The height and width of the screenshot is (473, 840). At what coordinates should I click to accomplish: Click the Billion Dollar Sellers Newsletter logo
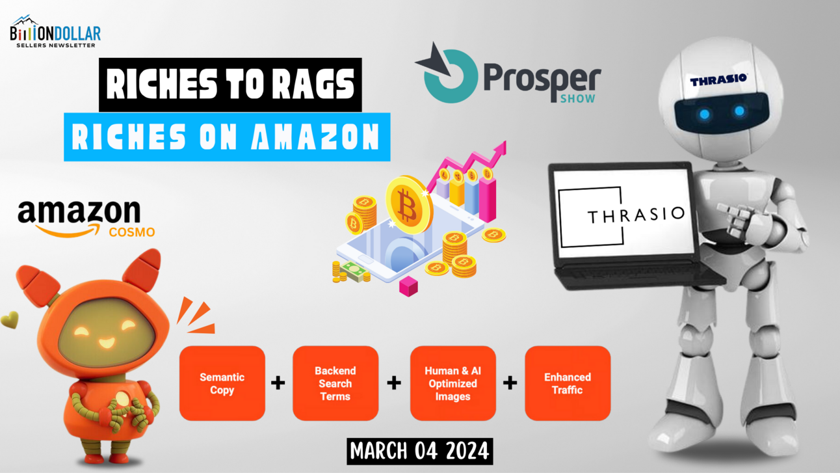tap(55, 31)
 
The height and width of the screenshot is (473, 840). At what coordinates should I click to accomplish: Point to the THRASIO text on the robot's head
tap(718, 81)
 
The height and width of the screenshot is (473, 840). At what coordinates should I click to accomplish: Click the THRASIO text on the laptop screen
tap(636, 215)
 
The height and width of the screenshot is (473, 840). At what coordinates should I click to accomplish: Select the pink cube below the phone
tap(408, 286)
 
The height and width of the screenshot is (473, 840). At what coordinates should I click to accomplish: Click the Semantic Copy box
tap(222, 383)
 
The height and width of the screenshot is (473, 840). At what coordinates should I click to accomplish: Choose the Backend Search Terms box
tap(335, 383)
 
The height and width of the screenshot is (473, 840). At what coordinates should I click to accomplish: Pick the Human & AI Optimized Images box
tap(453, 383)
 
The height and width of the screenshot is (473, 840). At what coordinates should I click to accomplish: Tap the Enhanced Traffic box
tap(567, 383)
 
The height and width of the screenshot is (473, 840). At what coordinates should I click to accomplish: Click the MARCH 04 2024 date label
tap(419, 450)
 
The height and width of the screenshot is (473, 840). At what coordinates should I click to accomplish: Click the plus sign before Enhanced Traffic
tap(510, 383)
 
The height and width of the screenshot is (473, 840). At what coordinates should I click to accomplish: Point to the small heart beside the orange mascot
tap(9, 319)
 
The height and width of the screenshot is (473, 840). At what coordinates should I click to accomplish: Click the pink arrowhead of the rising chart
tap(501, 149)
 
